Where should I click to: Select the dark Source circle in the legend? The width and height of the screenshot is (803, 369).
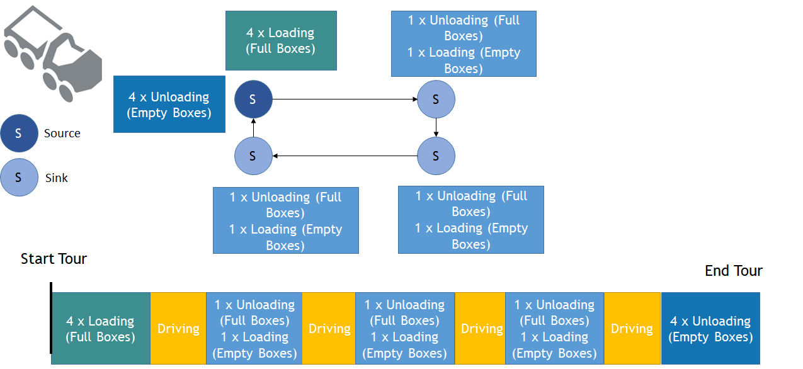19,133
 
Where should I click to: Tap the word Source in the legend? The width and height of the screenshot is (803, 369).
62,133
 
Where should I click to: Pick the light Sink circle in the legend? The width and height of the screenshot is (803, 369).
19,178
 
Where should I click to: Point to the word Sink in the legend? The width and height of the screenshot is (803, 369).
56,178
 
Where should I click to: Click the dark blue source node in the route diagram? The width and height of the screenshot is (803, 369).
253,99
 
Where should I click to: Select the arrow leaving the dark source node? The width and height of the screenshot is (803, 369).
345,99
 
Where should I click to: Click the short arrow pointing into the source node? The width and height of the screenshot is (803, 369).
253,128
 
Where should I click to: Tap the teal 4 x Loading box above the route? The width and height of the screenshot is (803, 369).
281,40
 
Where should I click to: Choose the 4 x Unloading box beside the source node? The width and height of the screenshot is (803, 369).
169,105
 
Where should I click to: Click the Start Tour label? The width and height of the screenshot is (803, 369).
54,259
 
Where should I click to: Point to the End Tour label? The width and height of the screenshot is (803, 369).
734,271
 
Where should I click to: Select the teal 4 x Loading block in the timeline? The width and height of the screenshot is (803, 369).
101,329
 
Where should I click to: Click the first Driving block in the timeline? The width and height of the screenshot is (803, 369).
178,329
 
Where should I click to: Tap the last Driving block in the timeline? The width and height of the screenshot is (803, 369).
632,329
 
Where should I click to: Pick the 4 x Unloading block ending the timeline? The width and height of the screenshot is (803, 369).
710,329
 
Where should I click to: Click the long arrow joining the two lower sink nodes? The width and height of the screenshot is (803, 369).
345,156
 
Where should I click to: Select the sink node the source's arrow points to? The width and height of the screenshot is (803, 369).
436,99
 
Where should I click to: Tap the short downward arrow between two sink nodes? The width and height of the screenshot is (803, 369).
436,128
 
